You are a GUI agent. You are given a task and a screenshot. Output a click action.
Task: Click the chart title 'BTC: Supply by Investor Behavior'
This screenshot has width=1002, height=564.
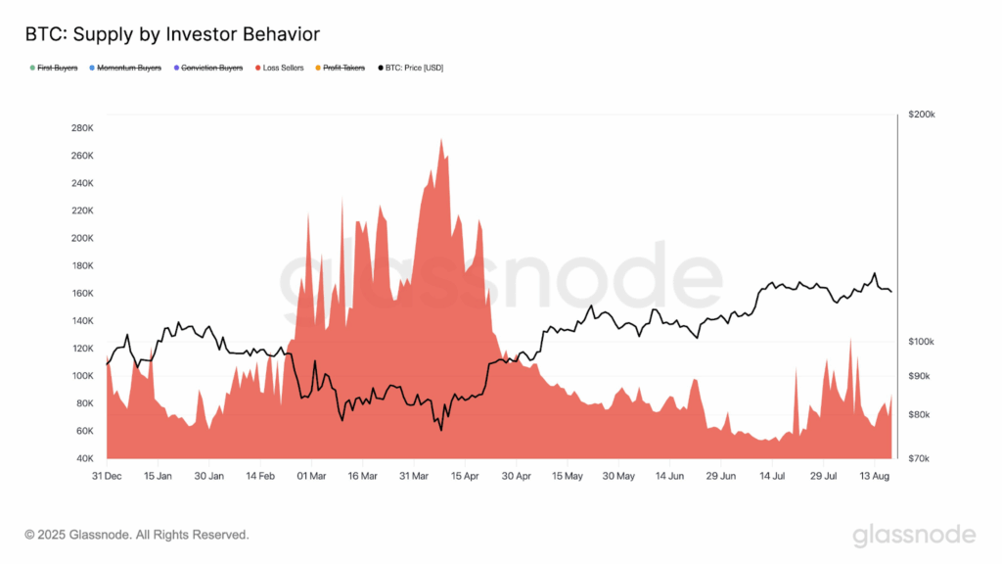point(171,34)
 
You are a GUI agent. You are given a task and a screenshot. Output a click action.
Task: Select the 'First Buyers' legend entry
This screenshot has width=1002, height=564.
point(57,68)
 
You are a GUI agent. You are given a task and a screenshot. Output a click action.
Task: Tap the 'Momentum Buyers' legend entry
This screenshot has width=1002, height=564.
point(129,68)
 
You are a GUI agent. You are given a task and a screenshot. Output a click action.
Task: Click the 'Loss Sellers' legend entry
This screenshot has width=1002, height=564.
point(283,68)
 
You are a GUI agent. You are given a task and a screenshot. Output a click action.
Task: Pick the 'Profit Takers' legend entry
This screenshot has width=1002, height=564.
point(342,68)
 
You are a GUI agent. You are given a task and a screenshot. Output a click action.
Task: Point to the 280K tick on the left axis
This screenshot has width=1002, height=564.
point(81,128)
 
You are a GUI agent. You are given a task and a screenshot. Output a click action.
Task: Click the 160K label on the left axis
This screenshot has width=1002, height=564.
point(81,294)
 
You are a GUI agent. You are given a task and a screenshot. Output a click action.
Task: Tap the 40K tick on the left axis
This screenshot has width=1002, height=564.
point(83,458)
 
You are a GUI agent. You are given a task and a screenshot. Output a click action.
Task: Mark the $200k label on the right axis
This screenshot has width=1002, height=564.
point(922,115)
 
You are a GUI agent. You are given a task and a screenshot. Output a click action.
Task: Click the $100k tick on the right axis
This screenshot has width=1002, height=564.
point(922,341)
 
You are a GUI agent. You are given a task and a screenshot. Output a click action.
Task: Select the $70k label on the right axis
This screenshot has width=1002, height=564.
point(920,458)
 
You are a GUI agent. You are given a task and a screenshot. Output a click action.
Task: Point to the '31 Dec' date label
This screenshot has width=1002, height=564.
point(107,476)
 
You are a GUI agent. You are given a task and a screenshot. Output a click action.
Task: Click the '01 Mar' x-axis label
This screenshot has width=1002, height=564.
point(310,476)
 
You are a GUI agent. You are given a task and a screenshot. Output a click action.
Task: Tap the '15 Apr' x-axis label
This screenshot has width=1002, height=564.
point(465,476)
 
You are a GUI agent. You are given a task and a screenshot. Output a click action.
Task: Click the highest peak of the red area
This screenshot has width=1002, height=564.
point(441,140)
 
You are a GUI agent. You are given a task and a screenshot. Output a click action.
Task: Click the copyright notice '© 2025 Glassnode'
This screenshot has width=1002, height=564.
point(136,535)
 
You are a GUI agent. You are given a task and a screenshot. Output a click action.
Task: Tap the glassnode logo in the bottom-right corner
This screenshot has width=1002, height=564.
point(914,535)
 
